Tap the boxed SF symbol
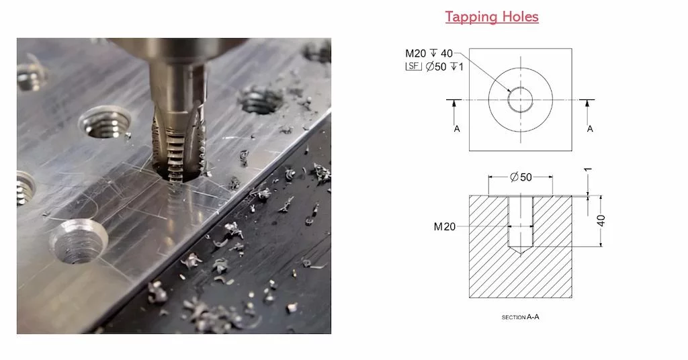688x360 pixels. pyautogui.click(x=413, y=66)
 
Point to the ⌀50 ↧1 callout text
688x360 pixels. pyautogui.click(x=444, y=66)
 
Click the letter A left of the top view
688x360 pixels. pyautogui.click(x=456, y=128)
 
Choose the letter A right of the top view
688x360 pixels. pyautogui.click(x=590, y=128)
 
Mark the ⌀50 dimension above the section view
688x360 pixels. pyautogui.click(x=521, y=177)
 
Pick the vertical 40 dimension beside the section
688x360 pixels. pyautogui.click(x=601, y=220)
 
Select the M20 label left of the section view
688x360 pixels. pyautogui.click(x=445, y=226)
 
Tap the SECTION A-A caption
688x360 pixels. pyautogui.click(x=520, y=316)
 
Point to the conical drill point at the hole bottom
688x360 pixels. pyautogui.click(x=520, y=251)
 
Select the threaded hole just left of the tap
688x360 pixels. pyautogui.click(x=105, y=123)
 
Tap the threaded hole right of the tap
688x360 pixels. pyautogui.click(x=261, y=100)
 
